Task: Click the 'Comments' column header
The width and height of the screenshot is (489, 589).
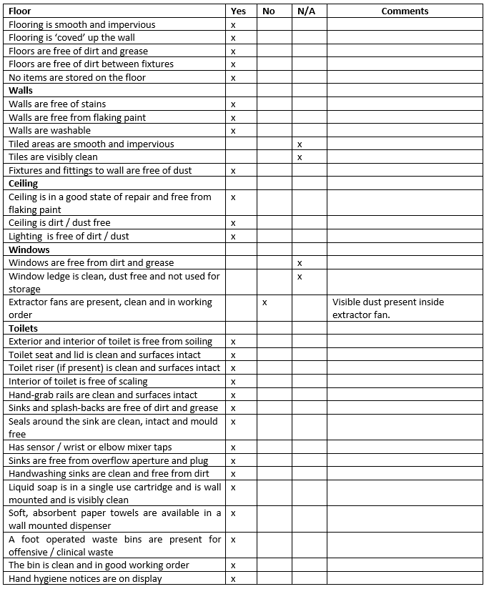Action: coord(405,11)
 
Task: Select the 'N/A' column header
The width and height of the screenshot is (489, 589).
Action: coord(306,11)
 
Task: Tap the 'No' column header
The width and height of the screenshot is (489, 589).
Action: coord(269,11)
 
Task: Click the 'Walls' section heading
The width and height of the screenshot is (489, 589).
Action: coord(21,91)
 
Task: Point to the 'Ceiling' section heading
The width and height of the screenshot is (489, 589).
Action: coord(23,184)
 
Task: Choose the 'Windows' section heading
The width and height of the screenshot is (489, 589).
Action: coord(29,249)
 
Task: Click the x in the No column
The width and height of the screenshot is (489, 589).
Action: coord(265,302)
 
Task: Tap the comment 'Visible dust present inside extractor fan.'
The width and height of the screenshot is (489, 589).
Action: coord(387,308)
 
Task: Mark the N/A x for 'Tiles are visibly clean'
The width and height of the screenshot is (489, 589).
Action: coord(300,157)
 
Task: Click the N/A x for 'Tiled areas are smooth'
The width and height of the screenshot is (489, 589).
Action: coord(300,144)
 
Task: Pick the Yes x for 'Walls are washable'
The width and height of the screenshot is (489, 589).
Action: coord(233,131)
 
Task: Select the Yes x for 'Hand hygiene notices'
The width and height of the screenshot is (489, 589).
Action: coord(233,578)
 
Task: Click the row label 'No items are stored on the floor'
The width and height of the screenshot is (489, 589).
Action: coord(76,77)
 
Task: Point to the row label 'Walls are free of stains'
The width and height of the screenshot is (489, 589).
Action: coord(58,104)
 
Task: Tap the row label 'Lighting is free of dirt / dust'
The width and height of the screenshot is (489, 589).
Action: coord(69,236)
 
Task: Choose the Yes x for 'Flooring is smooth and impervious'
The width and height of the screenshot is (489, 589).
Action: coord(233,25)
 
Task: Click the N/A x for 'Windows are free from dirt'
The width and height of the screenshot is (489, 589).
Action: coord(300,263)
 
